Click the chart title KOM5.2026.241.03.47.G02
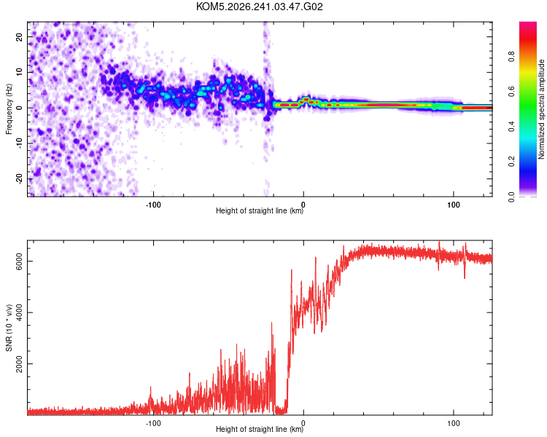(259, 7)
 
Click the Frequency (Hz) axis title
(9, 109)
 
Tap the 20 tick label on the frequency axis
(20, 36)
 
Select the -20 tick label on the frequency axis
(20, 179)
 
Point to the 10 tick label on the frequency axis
(20, 72)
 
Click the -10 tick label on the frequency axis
(20, 143)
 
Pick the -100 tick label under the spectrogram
(153, 205)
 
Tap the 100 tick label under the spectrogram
(454, 205)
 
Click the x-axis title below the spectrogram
(260, 210)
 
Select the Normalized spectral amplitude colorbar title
(541, 109)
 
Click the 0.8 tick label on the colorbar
(512, 57)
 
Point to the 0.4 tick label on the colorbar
(512, 127)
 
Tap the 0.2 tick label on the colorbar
(512, 162)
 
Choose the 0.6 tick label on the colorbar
(512, 92)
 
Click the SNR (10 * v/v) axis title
(9, 328)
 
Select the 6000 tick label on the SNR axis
(20, 261)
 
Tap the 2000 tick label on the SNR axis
(20, 364)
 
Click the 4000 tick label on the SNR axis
(20, 312)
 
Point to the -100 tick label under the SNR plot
(153, 423)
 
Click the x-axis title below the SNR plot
(260, 429)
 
